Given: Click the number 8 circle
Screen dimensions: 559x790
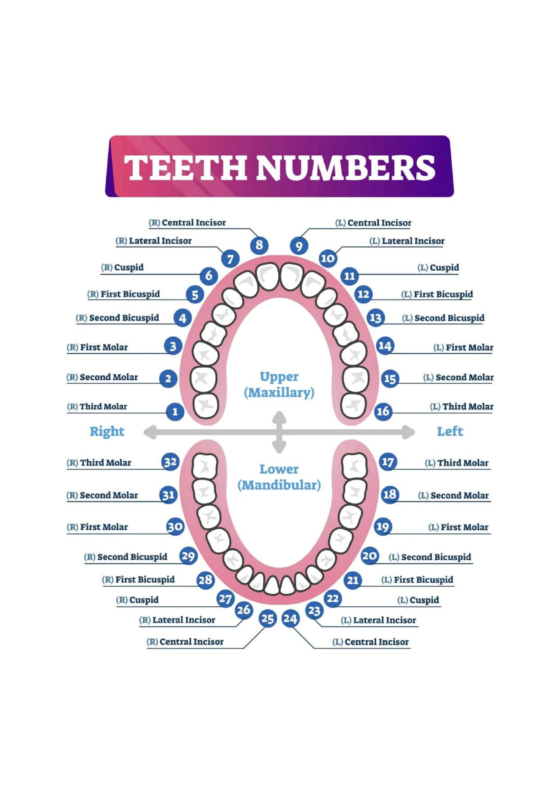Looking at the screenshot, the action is (x=259, y=245).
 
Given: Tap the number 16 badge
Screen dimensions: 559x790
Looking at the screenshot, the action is (x=383, y=411).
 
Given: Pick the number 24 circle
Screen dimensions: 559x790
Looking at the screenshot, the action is (x=290, y=619).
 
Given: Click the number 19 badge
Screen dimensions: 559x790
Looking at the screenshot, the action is (x=383, y=527).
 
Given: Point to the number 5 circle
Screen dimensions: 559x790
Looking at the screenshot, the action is (x=195, y=295).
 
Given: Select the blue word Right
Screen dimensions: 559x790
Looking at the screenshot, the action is (x=107, y=431).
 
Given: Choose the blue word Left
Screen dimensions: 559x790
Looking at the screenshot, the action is (x=450, y=431).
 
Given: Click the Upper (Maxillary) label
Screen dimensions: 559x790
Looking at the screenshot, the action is (x=279, y=385).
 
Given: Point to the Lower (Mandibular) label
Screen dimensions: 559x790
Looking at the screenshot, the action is (x=279, y=477).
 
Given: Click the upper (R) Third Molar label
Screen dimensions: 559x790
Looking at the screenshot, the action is (x=97, y=407).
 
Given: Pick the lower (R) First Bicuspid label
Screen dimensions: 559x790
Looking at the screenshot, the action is (x=138, y=580).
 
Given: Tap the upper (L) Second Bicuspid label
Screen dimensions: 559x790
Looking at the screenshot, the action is (x=443, y=318).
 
